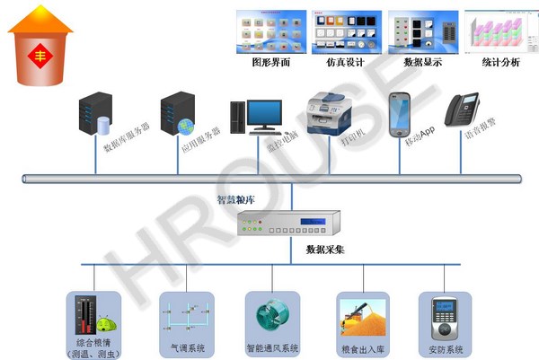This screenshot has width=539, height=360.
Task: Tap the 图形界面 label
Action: coord(271,63)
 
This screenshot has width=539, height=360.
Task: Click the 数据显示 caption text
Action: coord(422,63)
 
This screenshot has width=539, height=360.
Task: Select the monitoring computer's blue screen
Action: coord(268,114)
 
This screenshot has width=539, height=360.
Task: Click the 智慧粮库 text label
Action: coord(235,199)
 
